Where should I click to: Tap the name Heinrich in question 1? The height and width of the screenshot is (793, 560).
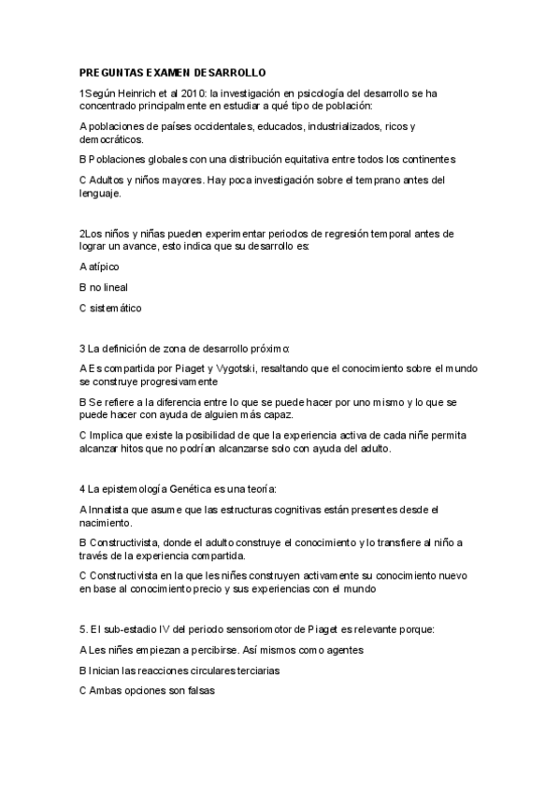(139, 94)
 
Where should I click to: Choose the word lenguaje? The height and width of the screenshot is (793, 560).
(100, 193)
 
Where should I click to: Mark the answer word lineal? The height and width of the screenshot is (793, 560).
(114, 287)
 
